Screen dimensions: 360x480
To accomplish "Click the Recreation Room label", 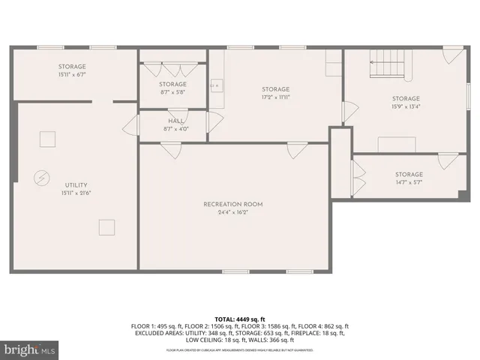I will (233, 204).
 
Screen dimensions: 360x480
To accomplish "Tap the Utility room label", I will (76, 184).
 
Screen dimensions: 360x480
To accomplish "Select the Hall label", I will (176, 121).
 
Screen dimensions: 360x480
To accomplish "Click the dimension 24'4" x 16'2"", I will (233, 212).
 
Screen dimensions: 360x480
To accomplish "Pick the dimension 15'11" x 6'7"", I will (72, 75).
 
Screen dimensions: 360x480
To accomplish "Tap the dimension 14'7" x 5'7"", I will (409, 182).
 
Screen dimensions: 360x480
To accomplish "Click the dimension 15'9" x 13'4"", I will (406, 106).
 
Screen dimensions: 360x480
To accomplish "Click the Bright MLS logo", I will (30, 349).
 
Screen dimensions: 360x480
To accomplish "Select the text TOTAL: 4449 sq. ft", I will (239, 319).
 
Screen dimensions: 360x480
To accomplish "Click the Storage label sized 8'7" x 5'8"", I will (172, 84).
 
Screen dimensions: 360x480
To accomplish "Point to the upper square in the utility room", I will (47, 139).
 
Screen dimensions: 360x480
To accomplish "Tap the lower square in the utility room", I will (106, 226).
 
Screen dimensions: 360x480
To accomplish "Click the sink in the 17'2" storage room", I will (217, 85).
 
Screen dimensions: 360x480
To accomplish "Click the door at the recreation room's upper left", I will (171, 150).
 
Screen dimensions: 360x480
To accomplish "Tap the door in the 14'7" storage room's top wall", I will (448, 160).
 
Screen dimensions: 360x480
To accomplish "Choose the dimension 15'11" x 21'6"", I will (76, 193).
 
